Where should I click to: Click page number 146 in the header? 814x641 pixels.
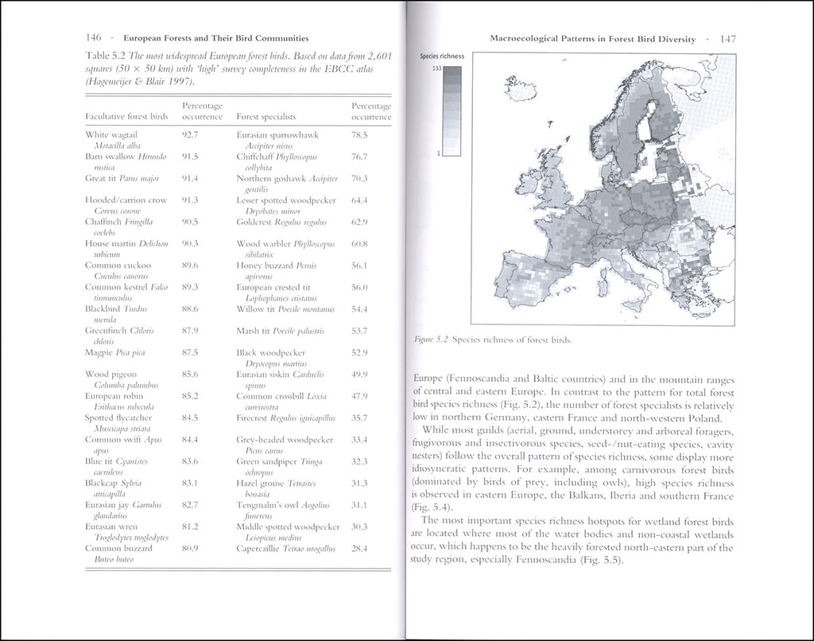coord(95,37)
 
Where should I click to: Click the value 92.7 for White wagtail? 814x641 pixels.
coord(189,135)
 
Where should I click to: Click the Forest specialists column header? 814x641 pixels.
coord(270,117)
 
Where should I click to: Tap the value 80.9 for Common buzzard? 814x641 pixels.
coord(189,549)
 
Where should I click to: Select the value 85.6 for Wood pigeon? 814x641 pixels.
coord(189,374)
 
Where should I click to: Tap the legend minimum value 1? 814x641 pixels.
coord(438,153)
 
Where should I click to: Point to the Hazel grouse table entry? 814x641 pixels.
coord(277,484)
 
